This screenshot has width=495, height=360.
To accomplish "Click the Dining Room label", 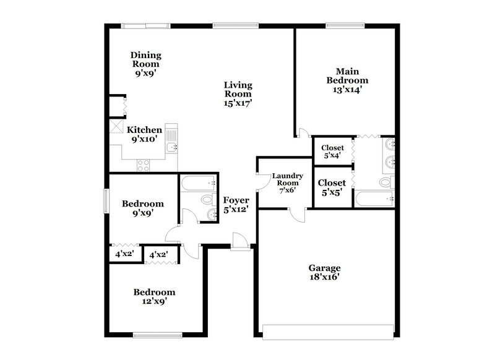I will coord(145,64).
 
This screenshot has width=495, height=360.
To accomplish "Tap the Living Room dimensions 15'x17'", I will coord(238,103).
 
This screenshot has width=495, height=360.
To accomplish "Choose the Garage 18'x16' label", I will coord(325,273).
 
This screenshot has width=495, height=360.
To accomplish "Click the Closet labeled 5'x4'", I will coord(332,152).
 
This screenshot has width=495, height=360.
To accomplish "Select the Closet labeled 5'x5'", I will coord(332,187).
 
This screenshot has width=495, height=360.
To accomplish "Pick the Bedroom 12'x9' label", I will coord(155,297).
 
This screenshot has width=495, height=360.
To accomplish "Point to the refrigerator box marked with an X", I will coord(116,127).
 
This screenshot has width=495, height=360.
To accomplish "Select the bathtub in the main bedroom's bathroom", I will coord(375,199).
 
